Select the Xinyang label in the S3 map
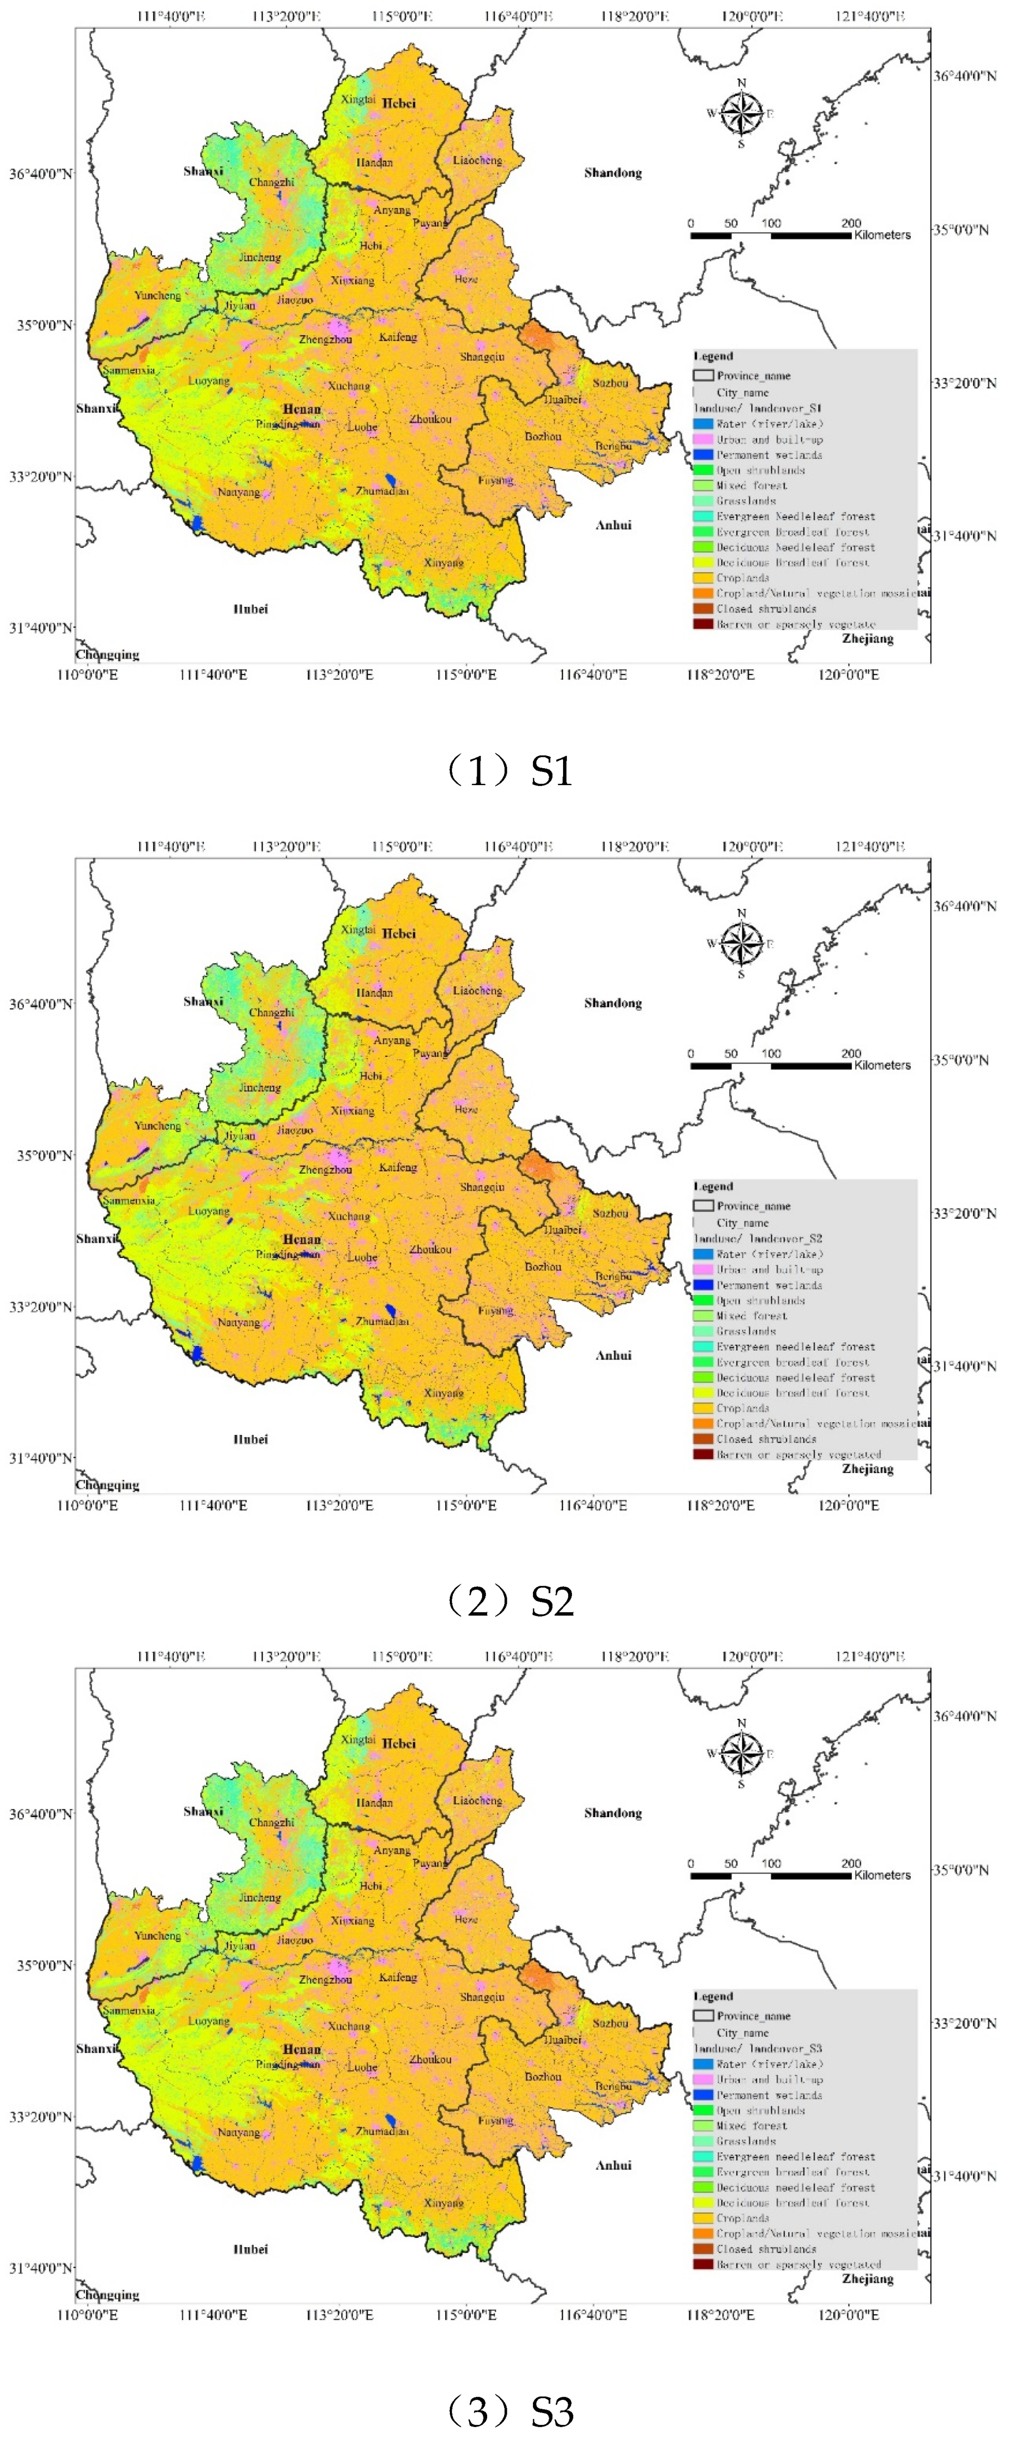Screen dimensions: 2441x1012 tap(443, 2203)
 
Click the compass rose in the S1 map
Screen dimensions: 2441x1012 tap(741, 114)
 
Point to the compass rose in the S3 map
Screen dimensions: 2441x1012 tap(741, 1754)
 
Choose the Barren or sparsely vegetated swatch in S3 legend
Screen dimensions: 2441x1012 tap(702, 2265)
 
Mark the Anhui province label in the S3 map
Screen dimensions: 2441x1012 tap(613, 2165)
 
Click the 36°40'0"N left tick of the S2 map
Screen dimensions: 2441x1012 tap(40, 1004)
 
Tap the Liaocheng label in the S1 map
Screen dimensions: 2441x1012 tap(477, 160)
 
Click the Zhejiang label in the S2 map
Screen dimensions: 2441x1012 tap(867, 1469)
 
